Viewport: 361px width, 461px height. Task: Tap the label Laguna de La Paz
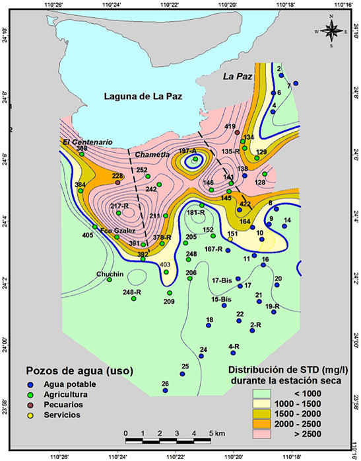pyautogui.click(x=143, y=97)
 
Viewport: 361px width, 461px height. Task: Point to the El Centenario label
pyautogui.click(x=84, y=142)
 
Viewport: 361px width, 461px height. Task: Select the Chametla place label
pyautogui.click(x=152, y=154)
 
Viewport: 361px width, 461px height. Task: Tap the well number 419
pyautogui.click(x=230, y=126)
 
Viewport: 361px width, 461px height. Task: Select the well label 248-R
pyautogui.click(x=132, y=292)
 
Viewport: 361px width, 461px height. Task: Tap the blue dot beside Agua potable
pyautogui.click(x=29, y=384)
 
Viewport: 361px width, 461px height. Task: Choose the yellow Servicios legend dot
pyautogui.click(x=29, y=415)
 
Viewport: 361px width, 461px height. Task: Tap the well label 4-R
pyautogui.click(x=234, y=346)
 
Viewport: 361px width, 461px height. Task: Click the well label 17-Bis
pyautogui.click(x=222, y=280)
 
